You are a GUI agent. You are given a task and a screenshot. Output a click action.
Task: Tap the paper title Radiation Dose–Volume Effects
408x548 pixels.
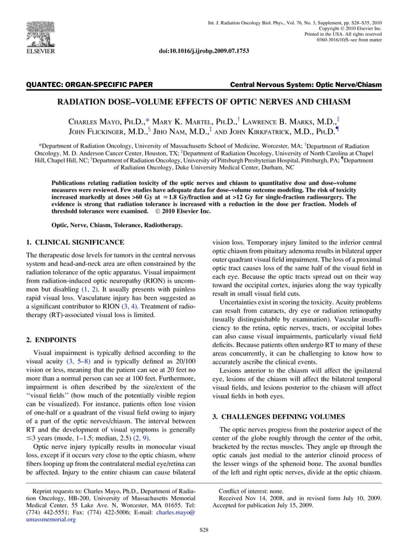[x=204, y=102]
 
